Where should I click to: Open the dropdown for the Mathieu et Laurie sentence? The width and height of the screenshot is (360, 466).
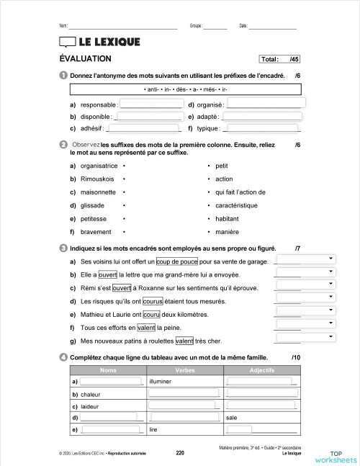pyautogui.click(x=306, y=311)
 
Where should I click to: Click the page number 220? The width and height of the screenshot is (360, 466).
pyautogui.click(x=180, y=453)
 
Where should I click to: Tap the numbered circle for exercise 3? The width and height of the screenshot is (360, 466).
pyautogui.click(x=64, y=248)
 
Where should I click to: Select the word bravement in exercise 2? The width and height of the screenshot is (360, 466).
pyautogui.click(x=96, y=232)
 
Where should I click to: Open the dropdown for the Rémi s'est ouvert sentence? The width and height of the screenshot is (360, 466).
pyautogui.click(x=306, y=284)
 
